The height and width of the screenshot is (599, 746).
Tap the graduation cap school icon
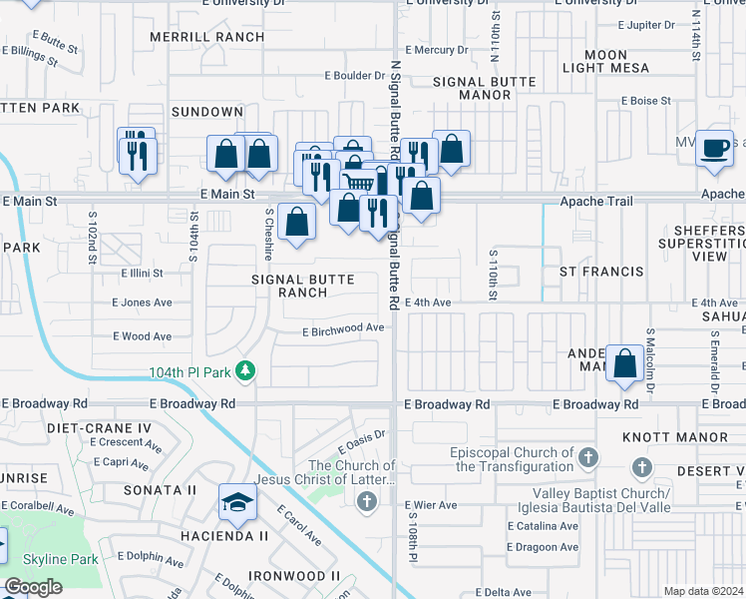click(237, 501)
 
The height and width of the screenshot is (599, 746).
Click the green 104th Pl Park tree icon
click(244, 372)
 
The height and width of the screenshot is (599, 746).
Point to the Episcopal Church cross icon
click(588, 457)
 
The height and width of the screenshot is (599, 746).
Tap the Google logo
click(34, 587)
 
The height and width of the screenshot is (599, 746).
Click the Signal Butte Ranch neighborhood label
click(303, 287)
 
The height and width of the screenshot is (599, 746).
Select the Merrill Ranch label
click(206, 37)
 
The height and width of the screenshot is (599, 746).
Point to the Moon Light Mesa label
click(606, 61)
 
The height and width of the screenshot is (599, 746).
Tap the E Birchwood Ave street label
click(343, 327)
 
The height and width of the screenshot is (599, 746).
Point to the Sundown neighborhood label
click(206, 112)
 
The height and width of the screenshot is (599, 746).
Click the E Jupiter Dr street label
click(652, 24)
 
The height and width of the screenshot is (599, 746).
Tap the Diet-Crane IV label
click(100, 427)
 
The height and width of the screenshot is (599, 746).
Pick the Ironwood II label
click(294, 576)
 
